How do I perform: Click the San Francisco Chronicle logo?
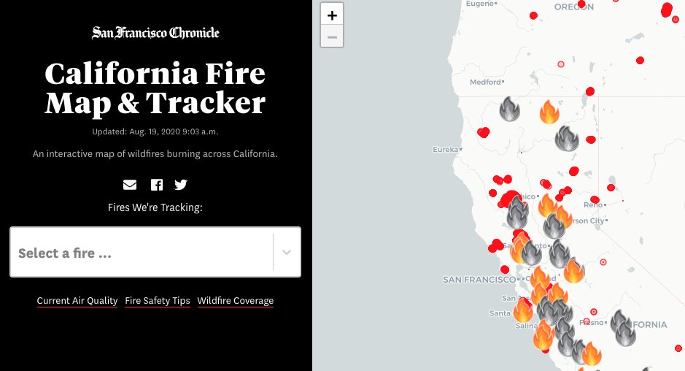point(155,33)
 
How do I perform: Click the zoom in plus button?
point(332,15)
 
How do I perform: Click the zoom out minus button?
point(332,37)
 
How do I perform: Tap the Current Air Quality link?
point(77,301)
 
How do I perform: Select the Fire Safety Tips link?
point(158,301)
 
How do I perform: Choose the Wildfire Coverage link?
point(236,301)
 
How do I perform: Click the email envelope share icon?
point(130,185)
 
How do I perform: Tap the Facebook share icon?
point(157,185)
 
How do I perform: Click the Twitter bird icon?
point(181,185)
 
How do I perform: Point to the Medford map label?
point(486,83)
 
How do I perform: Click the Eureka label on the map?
point(445,150)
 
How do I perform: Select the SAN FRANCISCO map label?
point(479,280)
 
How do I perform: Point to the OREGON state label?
point(573,7)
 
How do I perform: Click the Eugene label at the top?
point(480,4)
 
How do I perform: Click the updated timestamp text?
point(155,131)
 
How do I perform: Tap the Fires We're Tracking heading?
point(155,207)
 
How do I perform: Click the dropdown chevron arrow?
point(287,253)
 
